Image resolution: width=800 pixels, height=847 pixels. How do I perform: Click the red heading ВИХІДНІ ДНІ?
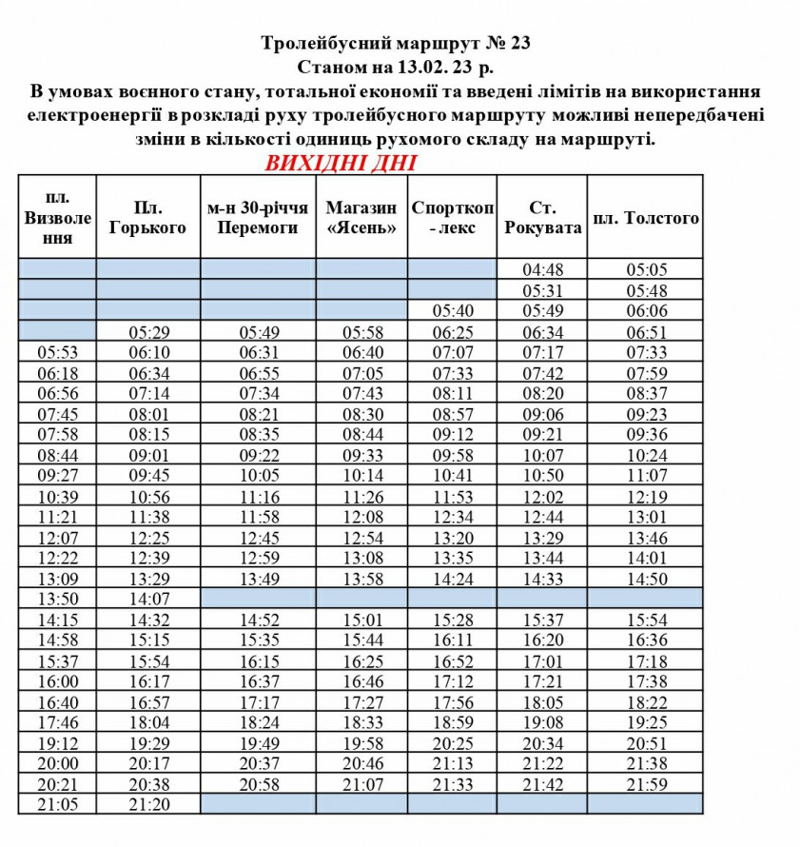pyautogui.click(x=340, y=162)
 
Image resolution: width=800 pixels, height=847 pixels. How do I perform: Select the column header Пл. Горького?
pyautogui.click(x=147, y=217)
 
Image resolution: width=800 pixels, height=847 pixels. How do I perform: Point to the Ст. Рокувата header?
pyautogui.click(x=541, y=217)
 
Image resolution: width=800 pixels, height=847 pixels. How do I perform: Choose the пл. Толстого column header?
pyautogui.click(x=645, y=218)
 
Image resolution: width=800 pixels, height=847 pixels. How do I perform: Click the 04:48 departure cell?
pyautogui.click(x=541, y=269)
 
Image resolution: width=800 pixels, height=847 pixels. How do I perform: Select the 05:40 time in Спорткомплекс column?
pyautogui.click(x=452, y=311)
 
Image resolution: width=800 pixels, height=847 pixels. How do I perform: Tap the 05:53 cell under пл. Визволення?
pyautogui.click(x=57, y=352)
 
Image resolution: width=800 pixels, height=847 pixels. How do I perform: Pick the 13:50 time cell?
pyautogui.click(x=57, y=599)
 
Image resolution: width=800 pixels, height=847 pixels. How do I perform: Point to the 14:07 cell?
pyautogui.click(x=147, y=600)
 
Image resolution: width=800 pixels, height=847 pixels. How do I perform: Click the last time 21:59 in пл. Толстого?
pyautogui.click(x=645, y=784)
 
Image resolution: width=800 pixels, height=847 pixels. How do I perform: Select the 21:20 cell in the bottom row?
pyautogui.click(x=147, y=805)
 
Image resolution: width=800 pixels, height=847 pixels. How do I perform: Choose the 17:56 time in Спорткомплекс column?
pyautogui.click(x=452, y=702)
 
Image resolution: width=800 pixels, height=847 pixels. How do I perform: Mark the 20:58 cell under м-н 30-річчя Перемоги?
pyautogui.click(x=258, y=784)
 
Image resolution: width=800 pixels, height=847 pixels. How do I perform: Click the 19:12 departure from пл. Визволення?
pyautogui.click(x=57, y=743)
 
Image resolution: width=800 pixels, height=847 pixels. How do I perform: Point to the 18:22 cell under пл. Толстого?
pyautogui.click(x=645, y=702)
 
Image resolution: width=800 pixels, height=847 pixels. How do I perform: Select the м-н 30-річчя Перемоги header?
pyautogui.click(x=258, y=217)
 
